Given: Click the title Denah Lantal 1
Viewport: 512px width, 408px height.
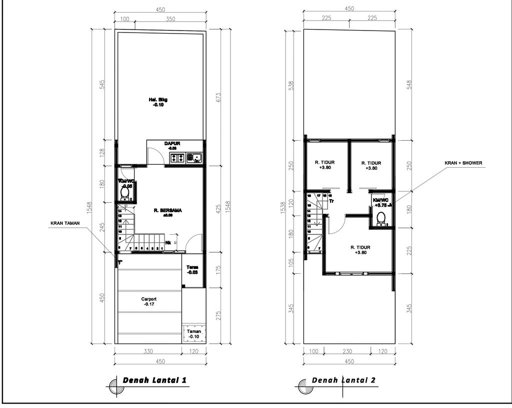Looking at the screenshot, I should coord(155,380).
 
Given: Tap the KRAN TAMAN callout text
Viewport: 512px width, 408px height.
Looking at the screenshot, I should coord(65,223).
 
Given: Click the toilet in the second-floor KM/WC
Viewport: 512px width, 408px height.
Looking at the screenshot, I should coord(381,218).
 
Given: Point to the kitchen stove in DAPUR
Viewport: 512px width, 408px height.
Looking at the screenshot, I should coord(177,158).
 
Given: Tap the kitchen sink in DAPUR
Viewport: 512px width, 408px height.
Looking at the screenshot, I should coord(194,158).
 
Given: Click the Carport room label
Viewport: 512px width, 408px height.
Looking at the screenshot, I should coord(148,301).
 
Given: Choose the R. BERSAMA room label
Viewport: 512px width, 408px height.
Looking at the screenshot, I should coord(167,213).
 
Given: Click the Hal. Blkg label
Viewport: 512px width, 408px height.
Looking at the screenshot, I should coord(158,103).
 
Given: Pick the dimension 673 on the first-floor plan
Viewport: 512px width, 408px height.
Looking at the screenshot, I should coord(218,97).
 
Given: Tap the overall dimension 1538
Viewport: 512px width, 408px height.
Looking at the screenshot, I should coord(284,206).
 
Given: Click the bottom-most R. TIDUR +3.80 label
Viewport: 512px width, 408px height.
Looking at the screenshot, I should coord(359,250).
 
